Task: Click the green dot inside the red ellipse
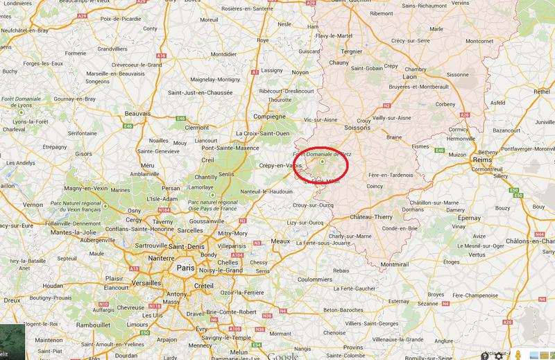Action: [x=322, y=162]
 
